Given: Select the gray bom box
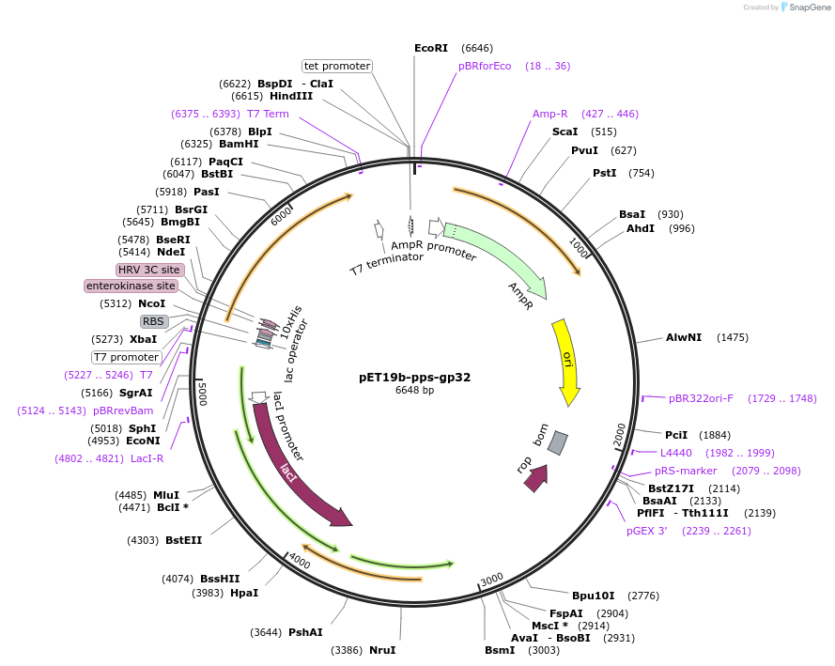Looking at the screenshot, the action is pyautogui.click(x=558, y=443).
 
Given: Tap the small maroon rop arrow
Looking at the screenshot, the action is pyautogui.click(x=537, y=478).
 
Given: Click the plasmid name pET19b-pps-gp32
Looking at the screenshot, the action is pyautogui.click(x=415, y=378).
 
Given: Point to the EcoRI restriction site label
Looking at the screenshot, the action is pyautogui.click(x=431, y=48).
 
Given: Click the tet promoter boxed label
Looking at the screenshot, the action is pyautogui.click(x=337, y=66).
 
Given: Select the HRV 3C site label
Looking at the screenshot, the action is pyautogui.click(x=149, y=270).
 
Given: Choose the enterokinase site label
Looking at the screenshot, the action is pyautogui.click(x=131, y=286).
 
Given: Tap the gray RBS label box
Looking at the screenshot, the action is pyautogui.click(x=154, y=321).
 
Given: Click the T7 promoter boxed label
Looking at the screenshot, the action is pyautogui.click(x=126, y=357).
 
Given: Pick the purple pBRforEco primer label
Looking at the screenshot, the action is pyautogui.click(x=485, y=66).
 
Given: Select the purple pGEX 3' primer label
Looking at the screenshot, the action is pyautogui.click(x=646, y=531).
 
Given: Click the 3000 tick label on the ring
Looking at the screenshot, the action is pyautogui.click(x=491, y=579).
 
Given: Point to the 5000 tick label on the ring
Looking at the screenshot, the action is pyautogui.click(x=202, y=394).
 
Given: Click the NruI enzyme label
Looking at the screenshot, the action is pyautogui.click(x=382, y=650).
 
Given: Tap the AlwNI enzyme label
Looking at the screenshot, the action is pyautogui.click(x=684, y=337).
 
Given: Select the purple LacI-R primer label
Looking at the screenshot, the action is pyautogui.click(x=147, y=458).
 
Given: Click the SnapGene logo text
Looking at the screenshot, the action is pyautogui.click(x=810, y=8).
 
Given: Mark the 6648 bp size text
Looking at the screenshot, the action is pyautogui.click(x=414, y=390).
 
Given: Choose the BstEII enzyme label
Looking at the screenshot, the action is pyautogui.click(x=184, y=540).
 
